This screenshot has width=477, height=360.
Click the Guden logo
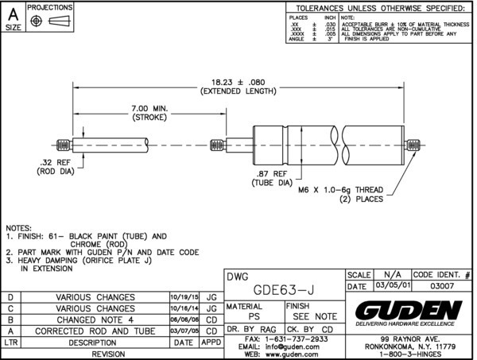tap(409, 311)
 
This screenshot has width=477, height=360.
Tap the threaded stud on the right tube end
tap(414, 146)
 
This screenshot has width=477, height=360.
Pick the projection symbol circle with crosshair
tap(37, 18)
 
